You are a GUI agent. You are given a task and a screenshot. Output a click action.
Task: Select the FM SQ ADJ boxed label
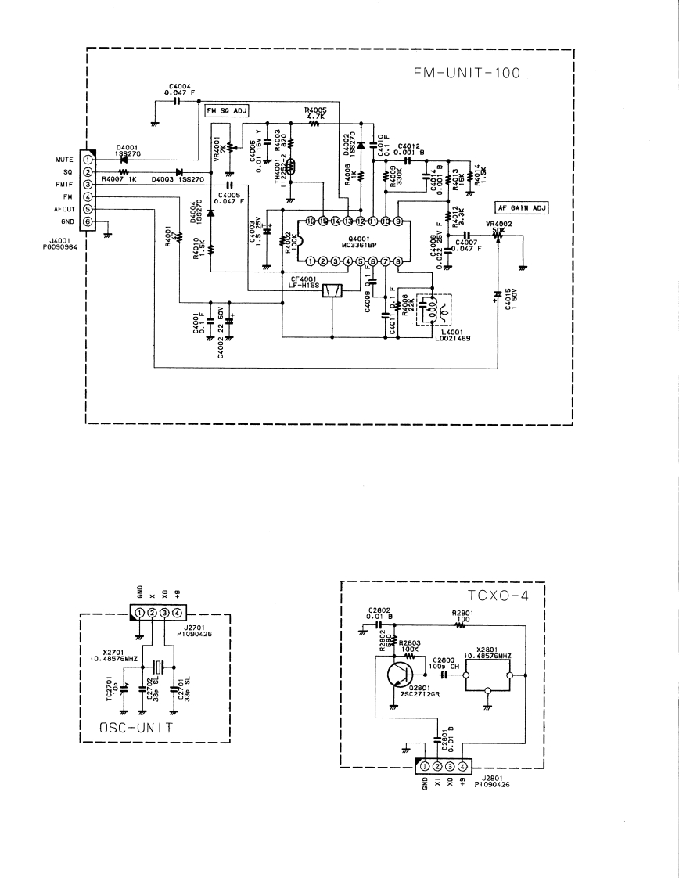(x=226, y=111)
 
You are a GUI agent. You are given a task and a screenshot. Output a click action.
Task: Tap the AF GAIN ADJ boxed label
(x=523, y=208)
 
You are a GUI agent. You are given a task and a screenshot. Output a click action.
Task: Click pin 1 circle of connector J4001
(x=88, y=159)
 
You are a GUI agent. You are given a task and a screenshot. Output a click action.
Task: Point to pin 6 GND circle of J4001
(x=88, y=221)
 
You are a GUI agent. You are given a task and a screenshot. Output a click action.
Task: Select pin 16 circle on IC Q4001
(x=311, y=221)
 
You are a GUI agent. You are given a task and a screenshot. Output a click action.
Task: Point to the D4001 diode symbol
(x=124, y=159)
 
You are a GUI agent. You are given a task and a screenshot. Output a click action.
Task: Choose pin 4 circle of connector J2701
(x=178, y=612)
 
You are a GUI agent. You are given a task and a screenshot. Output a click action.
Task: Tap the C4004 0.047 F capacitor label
(x=179, y=89)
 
